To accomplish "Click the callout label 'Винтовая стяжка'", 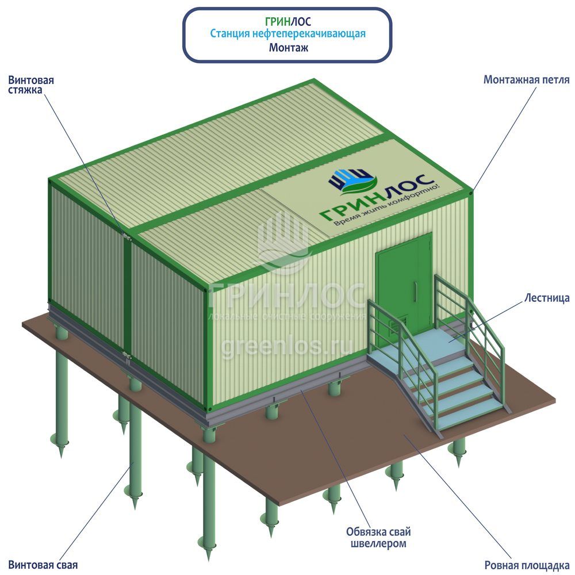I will click(31, 86).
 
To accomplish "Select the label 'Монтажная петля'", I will click(526, 80).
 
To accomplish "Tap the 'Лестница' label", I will click(547, 298).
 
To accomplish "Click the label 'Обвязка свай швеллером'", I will click(378, 537).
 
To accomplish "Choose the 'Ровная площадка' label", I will click(527, 565).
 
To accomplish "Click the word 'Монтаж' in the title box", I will click(288, 48).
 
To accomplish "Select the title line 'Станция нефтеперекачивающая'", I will click(287, 34).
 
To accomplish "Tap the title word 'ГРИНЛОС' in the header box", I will click(288, 21).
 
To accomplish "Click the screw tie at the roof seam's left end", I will click(126, 235).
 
